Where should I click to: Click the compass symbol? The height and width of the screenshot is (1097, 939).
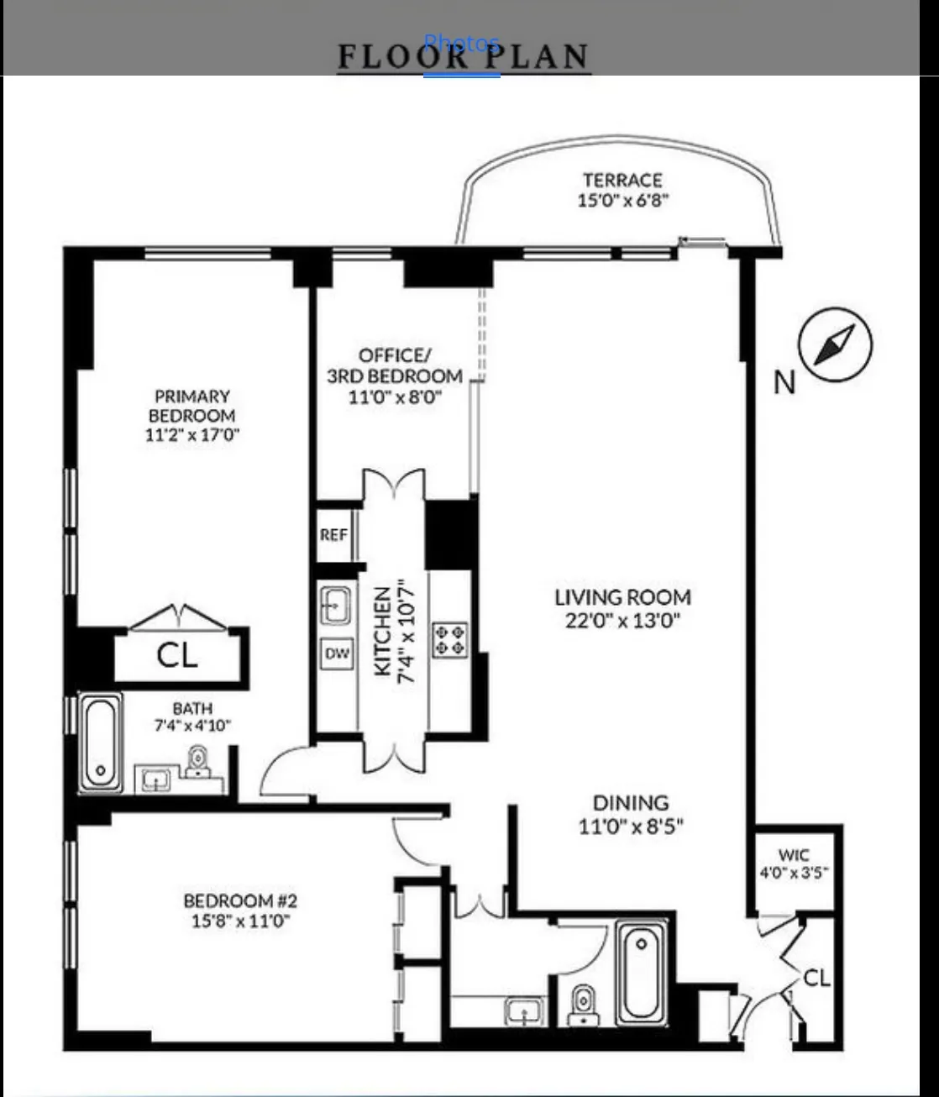[x=835, y=345]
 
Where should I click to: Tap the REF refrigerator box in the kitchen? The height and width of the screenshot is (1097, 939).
[x=333, y=535]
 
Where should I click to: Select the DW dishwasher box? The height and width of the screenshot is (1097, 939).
[x=337, y=653]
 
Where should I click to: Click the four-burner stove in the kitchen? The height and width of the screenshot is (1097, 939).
[x=449, y=639]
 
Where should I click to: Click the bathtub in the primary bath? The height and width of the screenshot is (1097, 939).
[x=101, y=742]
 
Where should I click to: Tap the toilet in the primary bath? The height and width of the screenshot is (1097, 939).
[x=197, y=763]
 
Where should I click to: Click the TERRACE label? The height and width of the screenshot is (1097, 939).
[x=622, y=180]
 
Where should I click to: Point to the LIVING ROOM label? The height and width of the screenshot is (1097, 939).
[x=622, y=597]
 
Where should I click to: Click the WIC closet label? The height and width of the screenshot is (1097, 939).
[x=794, y=855]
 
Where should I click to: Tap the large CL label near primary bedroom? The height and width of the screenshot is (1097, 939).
[x=177, y=655]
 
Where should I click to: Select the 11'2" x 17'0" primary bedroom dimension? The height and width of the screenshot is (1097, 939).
[x=192, y=435]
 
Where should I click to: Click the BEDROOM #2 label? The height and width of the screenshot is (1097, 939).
[x=240, y=901]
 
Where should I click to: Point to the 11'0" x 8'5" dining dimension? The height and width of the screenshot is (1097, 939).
[x=631, y=827]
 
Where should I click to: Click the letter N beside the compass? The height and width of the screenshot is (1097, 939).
[x=784, y=383]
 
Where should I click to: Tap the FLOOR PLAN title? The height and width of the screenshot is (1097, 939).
[x=463, y=56]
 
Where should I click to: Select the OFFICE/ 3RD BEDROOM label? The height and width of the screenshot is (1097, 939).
[x=395, y=365]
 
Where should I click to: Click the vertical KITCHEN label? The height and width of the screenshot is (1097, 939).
[x=382, y=630]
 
